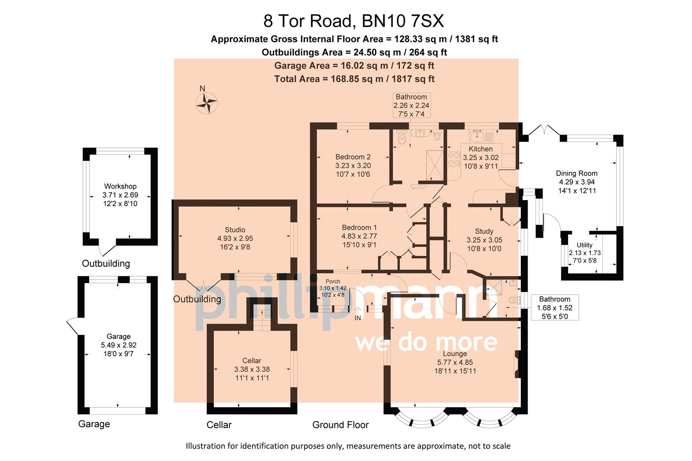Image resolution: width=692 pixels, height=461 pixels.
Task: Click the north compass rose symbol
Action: coord(206,103)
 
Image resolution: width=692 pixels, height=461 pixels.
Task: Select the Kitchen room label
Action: coord(481,149)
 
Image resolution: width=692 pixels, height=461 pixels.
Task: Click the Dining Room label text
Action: coord(576,173)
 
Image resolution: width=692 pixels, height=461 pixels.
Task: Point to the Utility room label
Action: coord(584,245)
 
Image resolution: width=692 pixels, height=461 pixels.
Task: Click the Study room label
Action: coord(484,231)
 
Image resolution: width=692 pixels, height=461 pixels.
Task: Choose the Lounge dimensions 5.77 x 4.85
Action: coord(454,362)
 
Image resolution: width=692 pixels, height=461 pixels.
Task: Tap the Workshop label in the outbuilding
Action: coord(120,186)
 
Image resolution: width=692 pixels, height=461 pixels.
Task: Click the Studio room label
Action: coord(235,230)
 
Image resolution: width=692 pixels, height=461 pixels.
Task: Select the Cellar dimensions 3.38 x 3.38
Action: coord(252,369)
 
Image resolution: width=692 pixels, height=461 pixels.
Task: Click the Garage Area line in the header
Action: coord(354,66)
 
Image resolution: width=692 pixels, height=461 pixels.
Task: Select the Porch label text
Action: coord(333,281)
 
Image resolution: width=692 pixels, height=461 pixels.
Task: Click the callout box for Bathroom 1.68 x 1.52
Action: coord(554,308)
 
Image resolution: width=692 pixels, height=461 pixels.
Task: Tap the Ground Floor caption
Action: coord(340,425)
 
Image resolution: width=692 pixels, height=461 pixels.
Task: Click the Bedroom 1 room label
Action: coord(359,228)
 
